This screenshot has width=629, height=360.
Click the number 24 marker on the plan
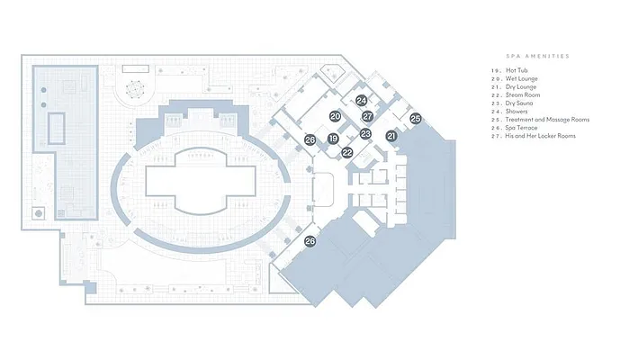tap(361, 101)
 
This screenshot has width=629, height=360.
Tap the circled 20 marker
tap(334, 117)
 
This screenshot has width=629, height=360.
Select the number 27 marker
tap(367, 117)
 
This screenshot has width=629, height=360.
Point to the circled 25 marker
tap(415, 118)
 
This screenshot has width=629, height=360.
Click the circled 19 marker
tap(333, 139)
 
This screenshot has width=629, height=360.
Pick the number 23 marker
tap(365, 134)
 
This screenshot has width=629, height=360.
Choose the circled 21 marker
tap(391, 135)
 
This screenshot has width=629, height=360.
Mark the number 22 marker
tap(347, 153)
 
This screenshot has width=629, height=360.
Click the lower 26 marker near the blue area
tap(310, 241)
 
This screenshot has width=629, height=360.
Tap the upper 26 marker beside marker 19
tap(310, 140)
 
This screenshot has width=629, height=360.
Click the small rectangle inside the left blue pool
tap(56, 127)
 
